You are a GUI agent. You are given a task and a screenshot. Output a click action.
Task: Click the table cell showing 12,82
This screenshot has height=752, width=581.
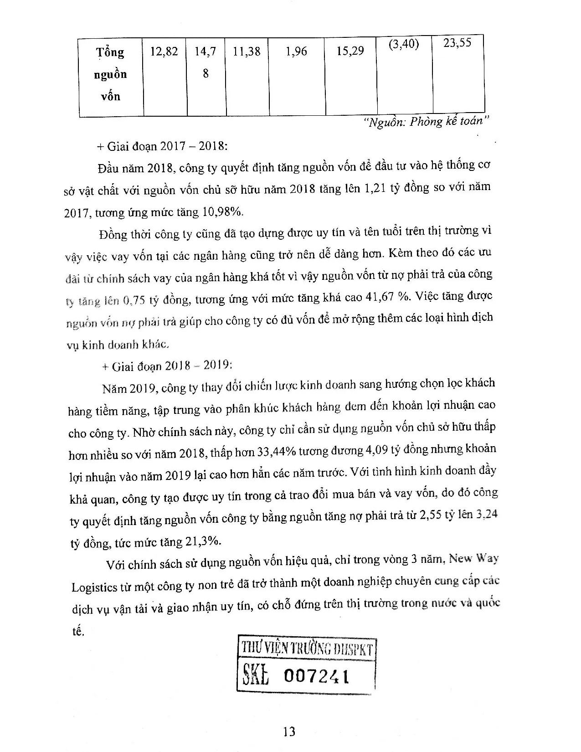(164, 52)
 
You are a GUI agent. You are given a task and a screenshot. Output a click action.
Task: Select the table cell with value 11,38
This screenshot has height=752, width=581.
(247, 51)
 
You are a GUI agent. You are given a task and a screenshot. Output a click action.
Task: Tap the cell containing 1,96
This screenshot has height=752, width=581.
(296, 51)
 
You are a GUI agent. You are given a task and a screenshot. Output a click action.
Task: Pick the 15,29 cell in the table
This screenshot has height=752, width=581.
(350, 51)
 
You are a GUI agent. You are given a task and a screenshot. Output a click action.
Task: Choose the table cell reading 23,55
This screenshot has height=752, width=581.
(457, 43)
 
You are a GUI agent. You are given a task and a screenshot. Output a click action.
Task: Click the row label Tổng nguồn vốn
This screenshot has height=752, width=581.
(110, 74)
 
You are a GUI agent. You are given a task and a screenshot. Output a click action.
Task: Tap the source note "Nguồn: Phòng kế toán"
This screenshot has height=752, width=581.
(427, 122)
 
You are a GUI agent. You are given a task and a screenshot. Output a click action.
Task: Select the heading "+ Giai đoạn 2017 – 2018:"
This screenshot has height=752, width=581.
(162, 146)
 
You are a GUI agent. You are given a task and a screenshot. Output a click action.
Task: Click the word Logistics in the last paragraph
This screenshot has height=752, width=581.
(94, 587)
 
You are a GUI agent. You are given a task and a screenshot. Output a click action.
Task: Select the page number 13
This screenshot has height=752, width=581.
(289, 731)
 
